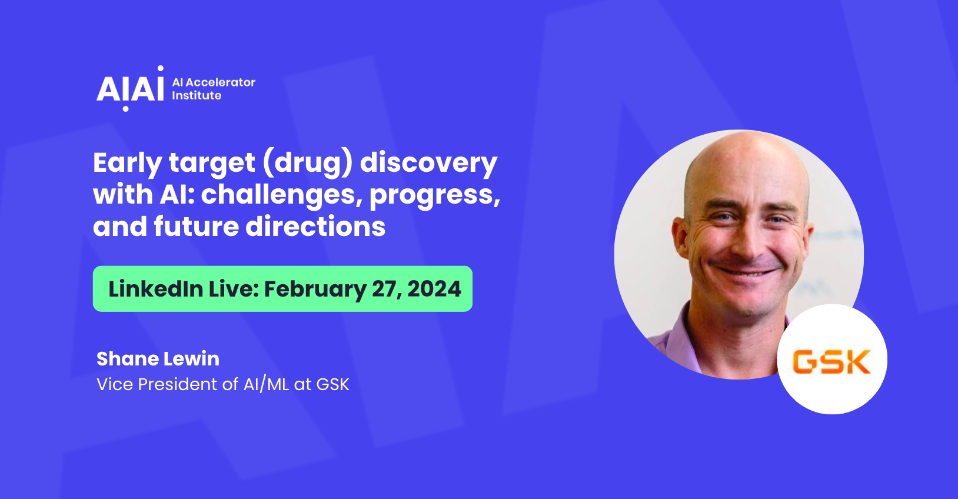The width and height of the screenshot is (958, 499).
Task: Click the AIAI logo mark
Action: click(131, 88)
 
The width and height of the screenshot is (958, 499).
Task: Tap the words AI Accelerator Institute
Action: click(214, 88)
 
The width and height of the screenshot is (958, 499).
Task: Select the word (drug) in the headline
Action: click(308, 164)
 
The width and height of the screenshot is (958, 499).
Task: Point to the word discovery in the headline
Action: click(429, 164)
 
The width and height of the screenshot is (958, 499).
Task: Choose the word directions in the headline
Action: click(315, 226)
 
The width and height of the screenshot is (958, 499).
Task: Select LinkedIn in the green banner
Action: click(156, 288)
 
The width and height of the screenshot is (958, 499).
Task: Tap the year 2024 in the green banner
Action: click(434, 288)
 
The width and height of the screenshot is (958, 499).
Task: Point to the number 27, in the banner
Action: click(387, 290)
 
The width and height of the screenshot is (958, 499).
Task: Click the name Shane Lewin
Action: click(158, 359)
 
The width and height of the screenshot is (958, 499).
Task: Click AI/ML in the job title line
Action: click(266, 384)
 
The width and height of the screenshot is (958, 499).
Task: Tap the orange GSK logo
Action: click(831, 362)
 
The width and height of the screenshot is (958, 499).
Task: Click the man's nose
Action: click(746, 239)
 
